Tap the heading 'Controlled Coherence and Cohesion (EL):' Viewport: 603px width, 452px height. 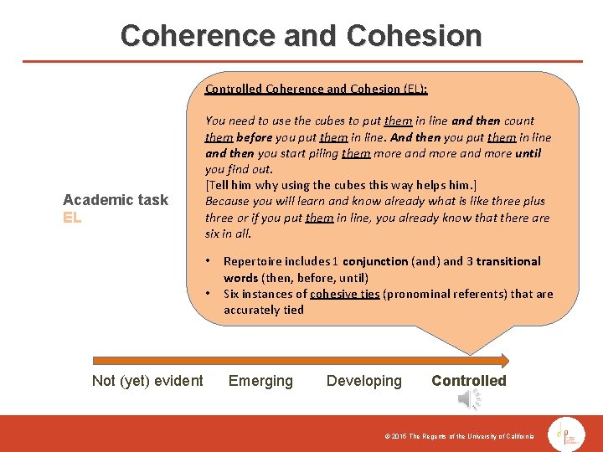tap(317, 89)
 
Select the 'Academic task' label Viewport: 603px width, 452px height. tap(116, 199)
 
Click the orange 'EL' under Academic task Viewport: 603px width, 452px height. tap(72, 218)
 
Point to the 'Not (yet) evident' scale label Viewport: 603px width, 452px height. tap(147, 381)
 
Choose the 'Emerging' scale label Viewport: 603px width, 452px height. tap(260, 381)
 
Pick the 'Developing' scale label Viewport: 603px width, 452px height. tap(364, 381)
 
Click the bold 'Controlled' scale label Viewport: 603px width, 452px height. tap(469, 381)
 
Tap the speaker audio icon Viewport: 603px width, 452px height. tap(469, 401)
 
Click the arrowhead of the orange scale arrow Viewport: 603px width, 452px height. tap(503, 361)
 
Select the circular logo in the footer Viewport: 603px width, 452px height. tap(566, 433)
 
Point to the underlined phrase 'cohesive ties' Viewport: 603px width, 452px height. tap(344, 294)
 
